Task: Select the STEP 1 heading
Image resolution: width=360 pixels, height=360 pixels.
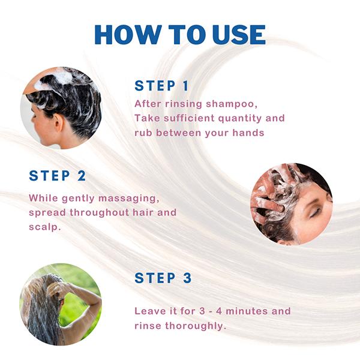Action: click(161, 86)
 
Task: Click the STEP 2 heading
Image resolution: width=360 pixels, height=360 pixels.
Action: click(58, 176)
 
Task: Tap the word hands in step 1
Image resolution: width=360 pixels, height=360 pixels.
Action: click(248, 133)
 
